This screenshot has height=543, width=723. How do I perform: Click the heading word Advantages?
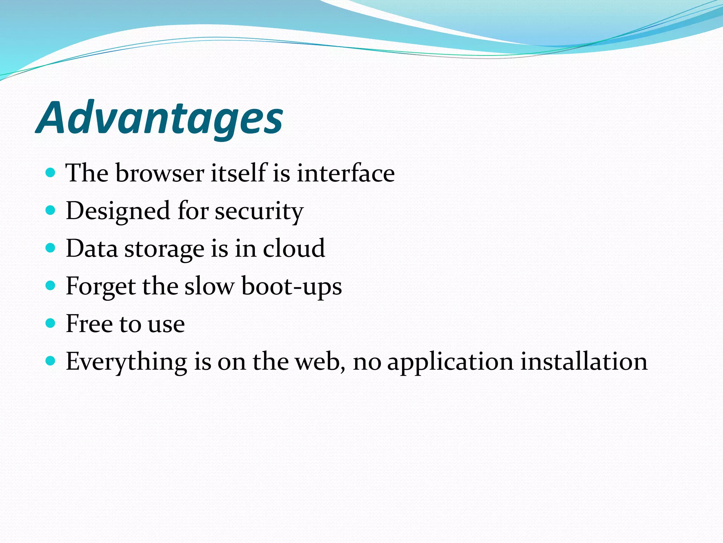coord(160,118)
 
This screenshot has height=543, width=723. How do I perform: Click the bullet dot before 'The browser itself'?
coord(51,173)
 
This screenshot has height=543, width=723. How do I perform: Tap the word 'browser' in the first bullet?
coord(160,173)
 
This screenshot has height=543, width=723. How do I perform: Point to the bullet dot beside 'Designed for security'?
coord(51,211)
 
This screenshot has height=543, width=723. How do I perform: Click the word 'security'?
coord(259,211)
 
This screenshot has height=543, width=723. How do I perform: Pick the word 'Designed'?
coord(118,211)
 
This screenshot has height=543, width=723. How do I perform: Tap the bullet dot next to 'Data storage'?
coord(51,248)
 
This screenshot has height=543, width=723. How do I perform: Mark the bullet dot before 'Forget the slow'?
coord(51,286)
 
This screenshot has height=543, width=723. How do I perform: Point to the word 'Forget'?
coord(101,286)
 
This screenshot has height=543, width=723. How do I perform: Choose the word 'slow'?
coord(209,286)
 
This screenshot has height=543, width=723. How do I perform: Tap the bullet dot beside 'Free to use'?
coord(51,323)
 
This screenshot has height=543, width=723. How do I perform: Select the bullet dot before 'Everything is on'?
coord(51,361)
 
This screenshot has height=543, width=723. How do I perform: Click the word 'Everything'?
coord(126,362)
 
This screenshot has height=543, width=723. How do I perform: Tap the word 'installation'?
coord(584,361)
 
